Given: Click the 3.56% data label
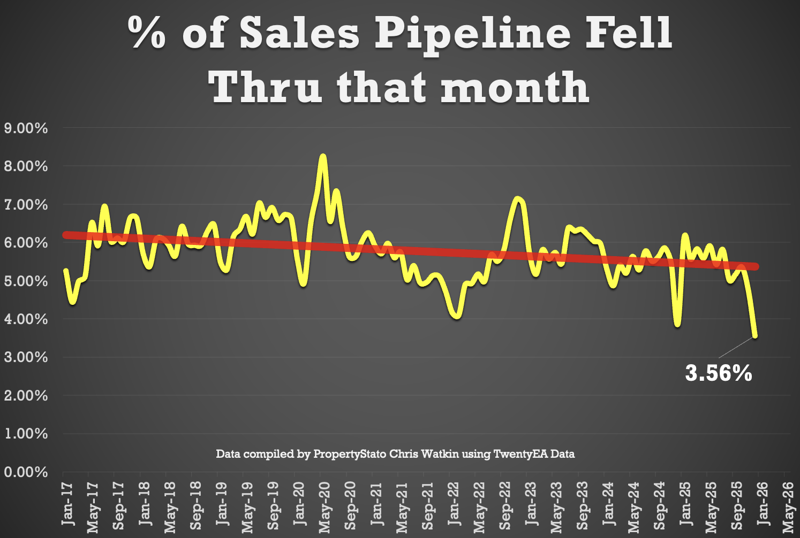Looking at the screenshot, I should [x=719, y=373].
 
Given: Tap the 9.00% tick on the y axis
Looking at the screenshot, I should [x=25, y=128].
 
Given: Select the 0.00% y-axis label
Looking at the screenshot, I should [x=25, y=472].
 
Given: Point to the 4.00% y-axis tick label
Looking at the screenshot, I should [x=25, y=319].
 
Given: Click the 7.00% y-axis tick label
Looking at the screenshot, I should [x=25, y=205].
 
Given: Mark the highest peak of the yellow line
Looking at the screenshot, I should [x=322, y=156].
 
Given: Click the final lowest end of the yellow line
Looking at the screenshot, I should [x=755, y=336].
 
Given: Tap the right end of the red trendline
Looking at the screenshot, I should [x=756, y=266].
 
